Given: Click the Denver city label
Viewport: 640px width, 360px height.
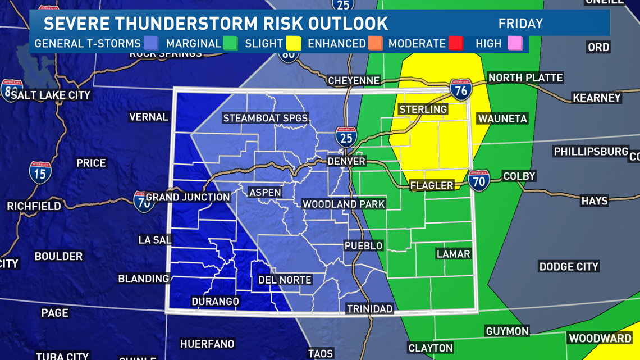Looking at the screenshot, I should [x=346, y=161].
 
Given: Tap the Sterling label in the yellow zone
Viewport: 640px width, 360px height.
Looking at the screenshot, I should [x=423, y=109].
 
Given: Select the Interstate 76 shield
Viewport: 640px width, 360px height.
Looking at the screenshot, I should [x=460, y=90].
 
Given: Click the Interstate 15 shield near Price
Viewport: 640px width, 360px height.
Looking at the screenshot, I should [x=40, y=172].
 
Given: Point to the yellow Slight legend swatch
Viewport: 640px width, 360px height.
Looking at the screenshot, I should [x=293, y=43].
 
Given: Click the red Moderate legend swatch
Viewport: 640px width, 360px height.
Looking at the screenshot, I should [x=455, y=43].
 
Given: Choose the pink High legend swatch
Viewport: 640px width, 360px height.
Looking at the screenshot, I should [x=515, y=43].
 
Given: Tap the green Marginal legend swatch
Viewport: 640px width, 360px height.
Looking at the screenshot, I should [x=230, y=43].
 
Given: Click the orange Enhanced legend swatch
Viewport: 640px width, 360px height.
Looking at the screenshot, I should [x=375, y=43].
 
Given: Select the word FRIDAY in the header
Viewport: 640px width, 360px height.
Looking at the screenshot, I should [x=520, y=24].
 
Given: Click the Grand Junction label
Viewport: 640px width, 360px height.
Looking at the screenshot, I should [x=188, y=197].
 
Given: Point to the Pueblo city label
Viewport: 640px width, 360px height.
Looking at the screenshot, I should [x=363, y=245].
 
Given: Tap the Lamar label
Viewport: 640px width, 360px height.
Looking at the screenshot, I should [x=453, y=254].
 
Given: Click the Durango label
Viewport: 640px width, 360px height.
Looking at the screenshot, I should [x=215, y=302].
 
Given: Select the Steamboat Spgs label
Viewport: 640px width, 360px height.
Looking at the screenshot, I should [x=266, y=118].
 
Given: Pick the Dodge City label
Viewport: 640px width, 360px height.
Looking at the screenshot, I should [x=568, y=266].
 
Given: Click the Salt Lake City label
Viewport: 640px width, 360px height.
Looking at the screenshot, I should [x=51, y=95].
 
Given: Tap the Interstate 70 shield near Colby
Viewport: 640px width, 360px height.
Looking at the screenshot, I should [x=478, y=180].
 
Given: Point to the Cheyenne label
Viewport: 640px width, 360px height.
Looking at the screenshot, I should [x=354, y=80].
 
